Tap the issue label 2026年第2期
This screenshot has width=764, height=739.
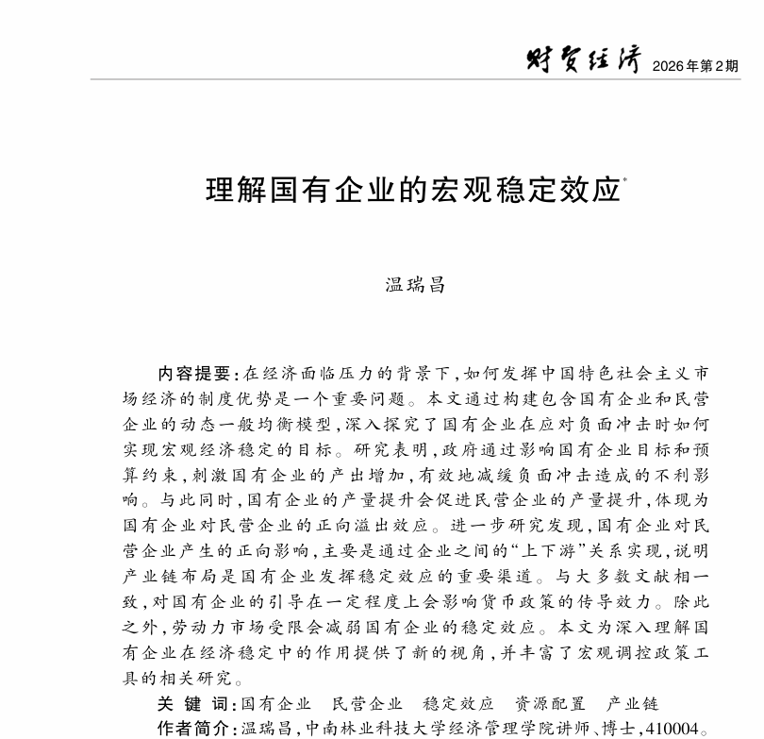coord(695,65)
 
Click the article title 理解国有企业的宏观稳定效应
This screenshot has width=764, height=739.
coord(412,190)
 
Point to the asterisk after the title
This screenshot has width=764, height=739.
coord(625,177)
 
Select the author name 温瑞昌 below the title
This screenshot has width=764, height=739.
coord(415,285)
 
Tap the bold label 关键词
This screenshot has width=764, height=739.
coord(196,704)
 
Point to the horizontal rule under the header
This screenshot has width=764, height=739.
coord(415,79)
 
